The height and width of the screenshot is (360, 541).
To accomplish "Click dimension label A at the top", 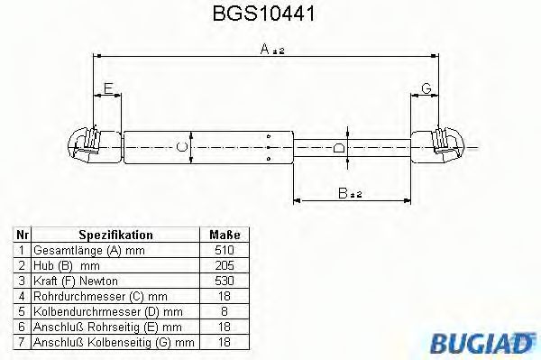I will (x=268, y=51).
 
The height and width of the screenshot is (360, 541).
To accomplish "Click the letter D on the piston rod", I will (x=337, y=147).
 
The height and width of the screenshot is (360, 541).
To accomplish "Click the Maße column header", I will (x=225, y=233).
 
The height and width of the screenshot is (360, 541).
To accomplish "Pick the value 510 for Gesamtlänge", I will (x=225, y=249).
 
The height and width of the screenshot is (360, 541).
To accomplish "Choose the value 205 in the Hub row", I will (x=225, y=265).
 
